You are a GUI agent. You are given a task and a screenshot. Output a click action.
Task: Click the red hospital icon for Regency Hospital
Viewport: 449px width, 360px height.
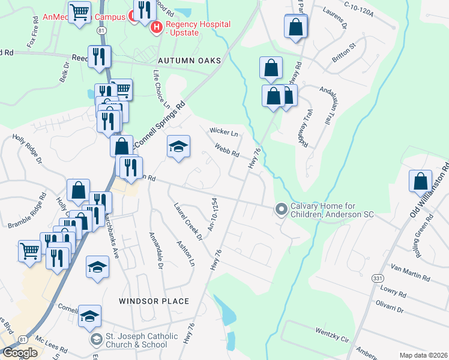click(x=157, y=27)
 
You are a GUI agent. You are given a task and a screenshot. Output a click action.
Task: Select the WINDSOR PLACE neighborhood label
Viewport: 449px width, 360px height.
click(x=154, y=301)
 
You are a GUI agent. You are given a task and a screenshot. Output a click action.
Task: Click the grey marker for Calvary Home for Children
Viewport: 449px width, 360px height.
click(x=280, y=209)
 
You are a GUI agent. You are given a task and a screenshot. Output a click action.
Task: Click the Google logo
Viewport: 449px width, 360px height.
click(x=20, y=353)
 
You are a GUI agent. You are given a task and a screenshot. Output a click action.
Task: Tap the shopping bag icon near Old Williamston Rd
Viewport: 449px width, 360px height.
click(x=420, y=180)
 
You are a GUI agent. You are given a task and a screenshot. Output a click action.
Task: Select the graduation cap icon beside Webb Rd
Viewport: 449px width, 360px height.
click(x=178, y=146)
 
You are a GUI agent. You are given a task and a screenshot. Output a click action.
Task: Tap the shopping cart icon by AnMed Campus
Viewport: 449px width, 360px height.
click(x=79, y=11)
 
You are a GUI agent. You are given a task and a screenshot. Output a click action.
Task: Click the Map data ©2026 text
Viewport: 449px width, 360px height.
click(x=423, y=355)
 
